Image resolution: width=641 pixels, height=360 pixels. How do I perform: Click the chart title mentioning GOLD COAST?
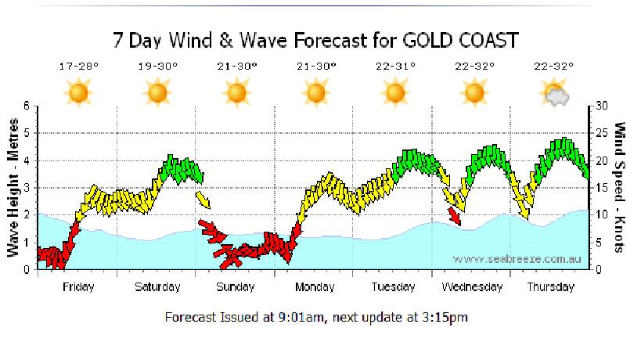tap(315, 40)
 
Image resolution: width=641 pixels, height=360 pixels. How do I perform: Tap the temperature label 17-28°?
tap(78, 67)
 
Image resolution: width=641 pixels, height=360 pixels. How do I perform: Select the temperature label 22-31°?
tap(394, 67)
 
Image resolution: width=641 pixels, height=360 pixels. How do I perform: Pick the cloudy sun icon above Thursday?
tap(554, 95)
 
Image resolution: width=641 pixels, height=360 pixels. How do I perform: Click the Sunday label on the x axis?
tap(236, 287)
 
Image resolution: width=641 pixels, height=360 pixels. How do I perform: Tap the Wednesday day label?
tap(472, 287)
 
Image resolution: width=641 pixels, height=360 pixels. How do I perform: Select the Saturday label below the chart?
tap(157, 287)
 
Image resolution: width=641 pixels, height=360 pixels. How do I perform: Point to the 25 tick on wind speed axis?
tap(601, 133)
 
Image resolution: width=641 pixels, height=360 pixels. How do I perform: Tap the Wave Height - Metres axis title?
tap(13, 188)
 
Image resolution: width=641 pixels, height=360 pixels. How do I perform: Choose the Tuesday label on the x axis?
tap(393, 287)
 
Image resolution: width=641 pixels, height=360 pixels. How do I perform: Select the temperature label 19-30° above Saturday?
tap(157, 67)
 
